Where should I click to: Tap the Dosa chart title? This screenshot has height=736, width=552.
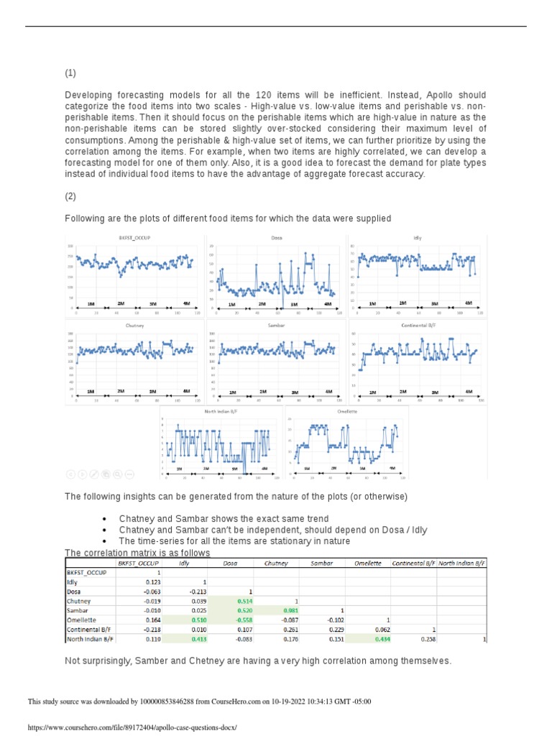coord(276,237)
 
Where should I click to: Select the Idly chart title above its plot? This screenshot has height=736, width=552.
coord(417,237)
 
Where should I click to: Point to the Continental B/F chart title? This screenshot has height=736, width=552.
coord(418,325)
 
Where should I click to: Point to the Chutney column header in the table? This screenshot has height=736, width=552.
coord(277,563)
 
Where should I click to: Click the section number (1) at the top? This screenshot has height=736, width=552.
coord(70,73)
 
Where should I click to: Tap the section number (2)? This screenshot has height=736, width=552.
coord(70,196)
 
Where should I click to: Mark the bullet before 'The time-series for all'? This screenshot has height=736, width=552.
coord(105,541)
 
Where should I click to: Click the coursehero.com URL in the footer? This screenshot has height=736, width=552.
coord(132,727)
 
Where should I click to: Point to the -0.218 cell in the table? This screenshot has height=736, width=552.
coord(147,629)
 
